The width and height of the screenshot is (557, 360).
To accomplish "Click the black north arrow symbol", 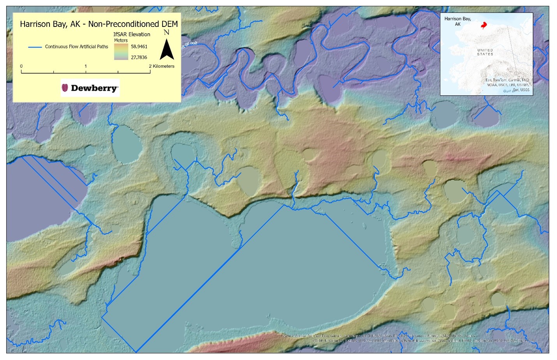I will click(x=167, y=50).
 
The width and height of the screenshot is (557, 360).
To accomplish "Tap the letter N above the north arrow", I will click(x=166, y=32).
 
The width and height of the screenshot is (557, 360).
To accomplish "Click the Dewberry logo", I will click(x=90, y=88).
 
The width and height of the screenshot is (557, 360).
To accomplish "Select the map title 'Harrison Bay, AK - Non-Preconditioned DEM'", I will click(x=99, y=24).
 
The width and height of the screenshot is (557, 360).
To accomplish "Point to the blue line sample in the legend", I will click(x=35, y=47).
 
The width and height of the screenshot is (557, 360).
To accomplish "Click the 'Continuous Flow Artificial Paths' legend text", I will click(x=76, y=47).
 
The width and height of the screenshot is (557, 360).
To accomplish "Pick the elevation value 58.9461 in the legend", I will click(x=139, y=47).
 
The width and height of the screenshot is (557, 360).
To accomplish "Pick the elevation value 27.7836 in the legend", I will click(x=139, y=58).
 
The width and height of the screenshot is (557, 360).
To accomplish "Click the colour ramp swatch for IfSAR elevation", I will click(x=121, y=52).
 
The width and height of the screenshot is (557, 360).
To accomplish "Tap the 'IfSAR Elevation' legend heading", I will click(x=132, y=34).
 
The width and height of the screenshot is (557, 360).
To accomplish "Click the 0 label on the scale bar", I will click(x=21, y=66).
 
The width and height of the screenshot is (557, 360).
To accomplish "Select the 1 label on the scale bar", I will click(x=86, y=66).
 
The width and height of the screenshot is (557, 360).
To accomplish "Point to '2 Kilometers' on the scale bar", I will click(x=162, y=66).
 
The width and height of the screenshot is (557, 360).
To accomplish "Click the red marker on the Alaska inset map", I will click(x=484, y=26).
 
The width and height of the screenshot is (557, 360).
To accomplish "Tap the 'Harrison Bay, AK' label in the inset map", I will click(x=458, y=21).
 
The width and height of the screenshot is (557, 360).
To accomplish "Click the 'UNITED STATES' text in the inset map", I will click(x=485, y=52).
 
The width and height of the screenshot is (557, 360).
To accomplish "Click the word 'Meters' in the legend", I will click(x=121, y=40).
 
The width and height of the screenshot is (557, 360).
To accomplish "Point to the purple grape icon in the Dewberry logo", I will click(x=65, y=88).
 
